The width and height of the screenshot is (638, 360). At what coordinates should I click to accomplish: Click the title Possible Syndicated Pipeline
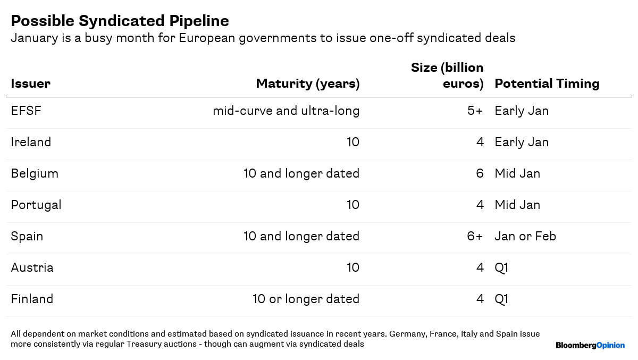[120, 21]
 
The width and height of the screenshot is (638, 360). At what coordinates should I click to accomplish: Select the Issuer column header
[30, 83]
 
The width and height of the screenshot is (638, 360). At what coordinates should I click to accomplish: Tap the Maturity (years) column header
[307, 83]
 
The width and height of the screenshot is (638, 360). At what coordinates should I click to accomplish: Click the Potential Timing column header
[547, 83]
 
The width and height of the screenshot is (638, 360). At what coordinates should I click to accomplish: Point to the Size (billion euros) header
[447, 76]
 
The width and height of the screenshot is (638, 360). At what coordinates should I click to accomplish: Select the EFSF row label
[26, 111]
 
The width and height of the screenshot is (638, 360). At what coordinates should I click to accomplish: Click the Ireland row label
[31, 143]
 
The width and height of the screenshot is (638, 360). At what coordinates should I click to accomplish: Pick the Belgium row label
[35, 174]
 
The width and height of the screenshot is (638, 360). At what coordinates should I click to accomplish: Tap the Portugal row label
[36, 205]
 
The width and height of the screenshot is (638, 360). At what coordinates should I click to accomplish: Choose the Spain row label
[27, 236]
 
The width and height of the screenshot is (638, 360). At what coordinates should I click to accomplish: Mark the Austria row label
[32, 267]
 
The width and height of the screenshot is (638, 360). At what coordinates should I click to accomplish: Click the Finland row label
[32, 299]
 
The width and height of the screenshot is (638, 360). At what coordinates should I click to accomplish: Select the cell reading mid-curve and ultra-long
[286, 111]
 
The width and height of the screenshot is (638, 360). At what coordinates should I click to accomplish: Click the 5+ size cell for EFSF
[475, 111]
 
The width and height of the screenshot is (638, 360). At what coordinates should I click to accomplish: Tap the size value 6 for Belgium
[480, 174]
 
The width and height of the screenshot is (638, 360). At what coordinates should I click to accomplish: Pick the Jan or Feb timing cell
[525, 236]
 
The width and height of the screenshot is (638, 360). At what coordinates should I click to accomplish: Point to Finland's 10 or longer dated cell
[306, 299]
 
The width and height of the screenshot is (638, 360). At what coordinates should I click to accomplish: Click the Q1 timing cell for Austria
[501, 267]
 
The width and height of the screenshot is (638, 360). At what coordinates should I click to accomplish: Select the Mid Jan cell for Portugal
[517, 205]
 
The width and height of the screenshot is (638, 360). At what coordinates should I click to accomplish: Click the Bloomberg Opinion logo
[590, 346]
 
